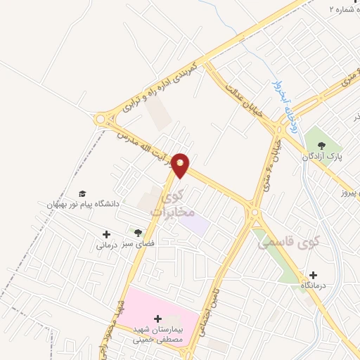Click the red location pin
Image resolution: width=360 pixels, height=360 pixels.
pyautogui.click(x=181, y=165)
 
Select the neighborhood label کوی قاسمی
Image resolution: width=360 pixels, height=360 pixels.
pyautogui.click(x=288, y=243)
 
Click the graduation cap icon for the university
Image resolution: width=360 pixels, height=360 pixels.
pyautogui.click(x=82, y=193)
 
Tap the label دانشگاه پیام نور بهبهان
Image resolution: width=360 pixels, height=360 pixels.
pyautogui.click(x=79, y=204)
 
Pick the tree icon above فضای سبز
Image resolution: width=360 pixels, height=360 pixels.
pyautogui.click(x=138, y=232)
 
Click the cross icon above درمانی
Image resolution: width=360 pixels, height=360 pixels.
pyautogui.click(x=106, y=234)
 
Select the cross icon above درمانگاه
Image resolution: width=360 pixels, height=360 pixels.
pyautogui.click(x=313, y=275)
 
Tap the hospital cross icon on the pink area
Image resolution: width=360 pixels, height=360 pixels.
pyautogui.click(x=157, y=319)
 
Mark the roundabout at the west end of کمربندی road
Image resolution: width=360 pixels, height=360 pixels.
pyautogui.click(x=101, y=120)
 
